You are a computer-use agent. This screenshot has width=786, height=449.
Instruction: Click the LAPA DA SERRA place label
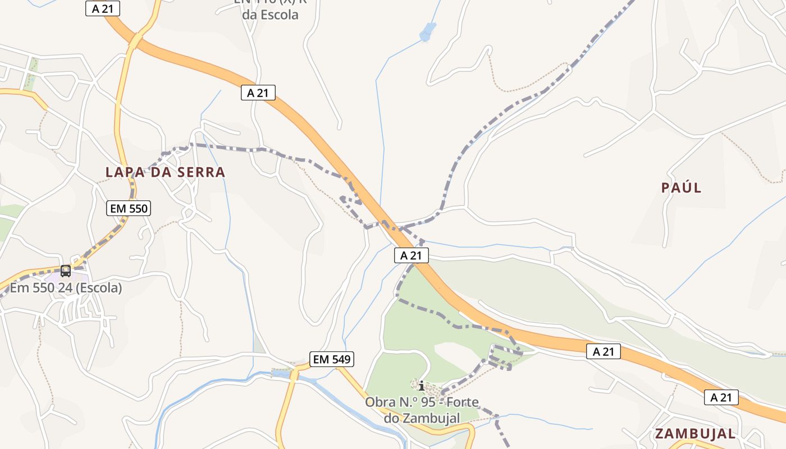pos(166,172)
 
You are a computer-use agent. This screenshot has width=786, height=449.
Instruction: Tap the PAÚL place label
pos(681,187)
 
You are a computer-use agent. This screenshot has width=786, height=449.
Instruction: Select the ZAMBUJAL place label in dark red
pos(695,433)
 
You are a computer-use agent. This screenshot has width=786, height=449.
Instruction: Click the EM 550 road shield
pos(129,209)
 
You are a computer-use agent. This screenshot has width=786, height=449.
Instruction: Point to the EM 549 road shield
pos(332,359)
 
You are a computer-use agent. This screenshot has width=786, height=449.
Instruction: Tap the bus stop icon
pos(66,271)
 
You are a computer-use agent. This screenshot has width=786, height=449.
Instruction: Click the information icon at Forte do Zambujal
pos(422,386)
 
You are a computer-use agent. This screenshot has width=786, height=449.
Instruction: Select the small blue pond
pos(427,32)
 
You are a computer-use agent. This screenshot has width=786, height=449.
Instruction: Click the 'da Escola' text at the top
pos(271,15)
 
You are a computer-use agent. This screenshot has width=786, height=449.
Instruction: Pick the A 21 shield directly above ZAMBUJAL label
pos(721,397)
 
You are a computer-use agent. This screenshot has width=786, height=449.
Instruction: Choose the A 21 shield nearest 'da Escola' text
pos(258,93)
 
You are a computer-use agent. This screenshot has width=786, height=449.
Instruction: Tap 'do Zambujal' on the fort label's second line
pos(422,418)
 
